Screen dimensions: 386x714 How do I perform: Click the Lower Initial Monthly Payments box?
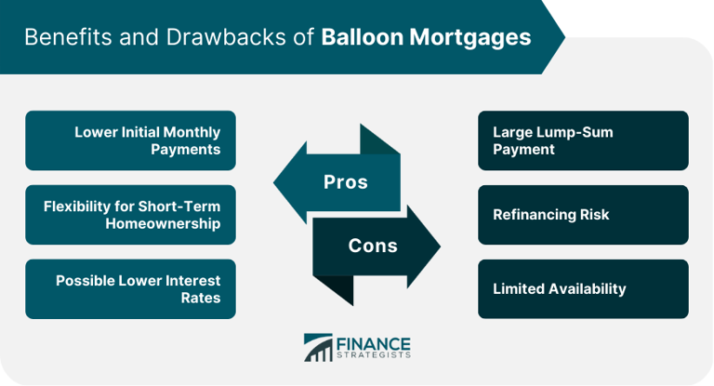point(130,140)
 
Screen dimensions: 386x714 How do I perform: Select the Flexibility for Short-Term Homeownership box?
point(130,215)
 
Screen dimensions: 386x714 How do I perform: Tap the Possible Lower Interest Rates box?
point(130,289)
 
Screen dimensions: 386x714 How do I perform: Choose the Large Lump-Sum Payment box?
point(583,140)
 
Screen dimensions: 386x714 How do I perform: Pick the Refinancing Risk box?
point(583,215)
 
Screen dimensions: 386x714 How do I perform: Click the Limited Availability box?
point(583,289)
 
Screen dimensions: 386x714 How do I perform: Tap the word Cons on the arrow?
point(373,246)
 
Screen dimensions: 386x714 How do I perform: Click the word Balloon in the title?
point(364,38)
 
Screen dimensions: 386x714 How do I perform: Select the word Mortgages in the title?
point(470,38)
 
